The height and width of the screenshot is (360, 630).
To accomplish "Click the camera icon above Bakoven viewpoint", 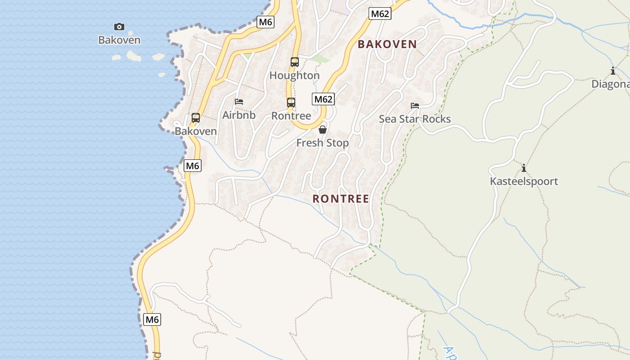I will click(119, 27).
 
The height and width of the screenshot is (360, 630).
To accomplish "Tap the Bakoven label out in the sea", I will click(119, 40).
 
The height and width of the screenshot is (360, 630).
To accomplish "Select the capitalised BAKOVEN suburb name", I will click(387, 44).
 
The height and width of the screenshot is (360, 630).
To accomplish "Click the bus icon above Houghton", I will click(295, 62).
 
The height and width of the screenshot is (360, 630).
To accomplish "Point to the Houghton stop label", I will click(295, 76).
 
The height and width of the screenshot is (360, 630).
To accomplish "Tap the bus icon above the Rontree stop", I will click(291, 103).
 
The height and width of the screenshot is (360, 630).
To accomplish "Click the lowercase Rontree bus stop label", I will click(291, 116).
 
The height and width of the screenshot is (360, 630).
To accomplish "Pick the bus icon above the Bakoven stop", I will click(196, 118).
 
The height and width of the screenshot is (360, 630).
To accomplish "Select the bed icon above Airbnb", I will click(239, 102).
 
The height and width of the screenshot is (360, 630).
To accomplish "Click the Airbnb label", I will click(239, 115).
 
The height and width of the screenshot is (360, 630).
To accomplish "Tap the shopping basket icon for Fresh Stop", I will click(323, 130).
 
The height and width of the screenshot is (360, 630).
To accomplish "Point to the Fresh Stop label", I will click(323, 143).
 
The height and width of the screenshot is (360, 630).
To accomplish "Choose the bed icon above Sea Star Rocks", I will click(415, 106).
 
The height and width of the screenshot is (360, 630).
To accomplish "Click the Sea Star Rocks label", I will click(415, 119).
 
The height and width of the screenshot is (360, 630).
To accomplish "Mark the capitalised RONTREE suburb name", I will click(341, 198).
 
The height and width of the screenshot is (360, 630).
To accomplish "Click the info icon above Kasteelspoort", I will click(524, 168).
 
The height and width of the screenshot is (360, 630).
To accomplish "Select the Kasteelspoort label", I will click(524, 181).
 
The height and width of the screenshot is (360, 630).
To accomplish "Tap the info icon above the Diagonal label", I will click(613, 71).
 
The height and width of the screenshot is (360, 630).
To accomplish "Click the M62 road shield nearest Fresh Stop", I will click(323, 99).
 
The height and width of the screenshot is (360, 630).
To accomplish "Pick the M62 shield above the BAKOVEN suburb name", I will click(380, 14).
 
